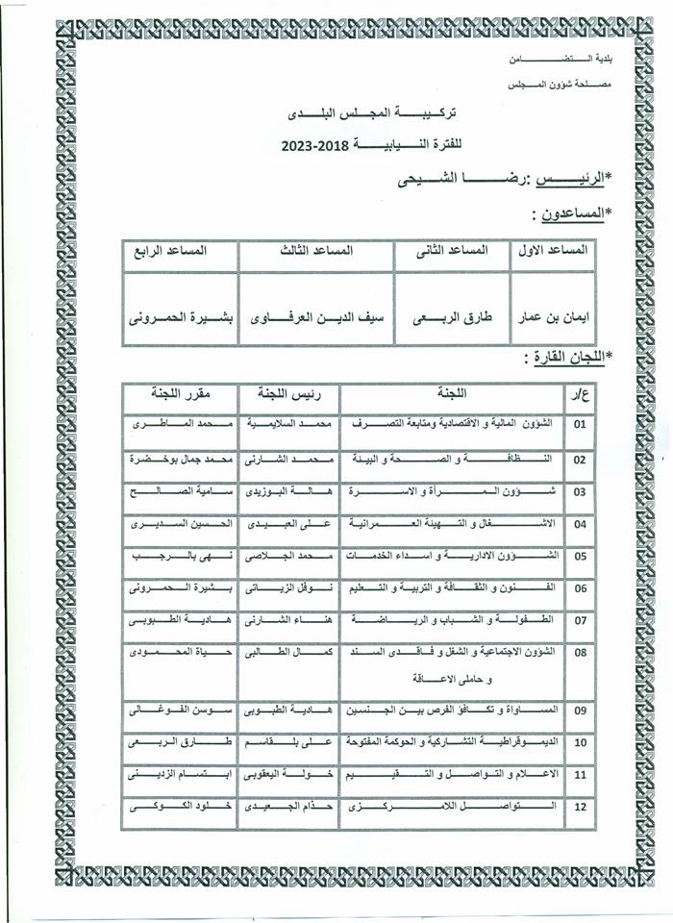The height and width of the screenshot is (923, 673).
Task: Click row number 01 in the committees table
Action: (x=579, y=424)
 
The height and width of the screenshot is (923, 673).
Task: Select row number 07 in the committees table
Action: (x=579, y=621)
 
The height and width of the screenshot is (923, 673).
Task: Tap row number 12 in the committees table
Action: (x=579, y=807)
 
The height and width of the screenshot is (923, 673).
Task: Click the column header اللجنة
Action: (x=451, y=393)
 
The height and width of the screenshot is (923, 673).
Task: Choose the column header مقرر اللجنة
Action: (x=181, y=393)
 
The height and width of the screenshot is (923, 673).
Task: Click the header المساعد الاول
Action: (x=553, y=250)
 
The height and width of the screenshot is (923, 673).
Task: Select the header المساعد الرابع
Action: (x=180, y=250)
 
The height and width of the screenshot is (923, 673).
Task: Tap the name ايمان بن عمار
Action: (x=553, y=315)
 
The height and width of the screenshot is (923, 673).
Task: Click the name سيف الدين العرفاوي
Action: (x=317, y=315)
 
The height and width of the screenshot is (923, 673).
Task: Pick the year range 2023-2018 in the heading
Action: (x=318, y=146)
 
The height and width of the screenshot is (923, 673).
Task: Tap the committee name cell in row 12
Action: (x=451, y=807)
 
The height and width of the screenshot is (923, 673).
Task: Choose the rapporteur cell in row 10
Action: (x=180, y=743)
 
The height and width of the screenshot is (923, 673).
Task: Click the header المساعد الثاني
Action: (x=452, y=250)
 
